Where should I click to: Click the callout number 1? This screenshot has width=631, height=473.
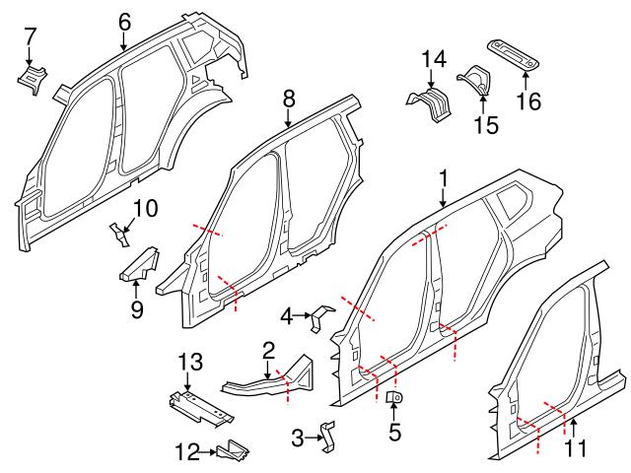point(444,178)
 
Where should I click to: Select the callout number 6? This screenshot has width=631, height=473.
point(123,21)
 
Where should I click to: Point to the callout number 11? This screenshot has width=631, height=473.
point(575,448)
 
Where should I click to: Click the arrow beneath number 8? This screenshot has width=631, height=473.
point(288,118)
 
